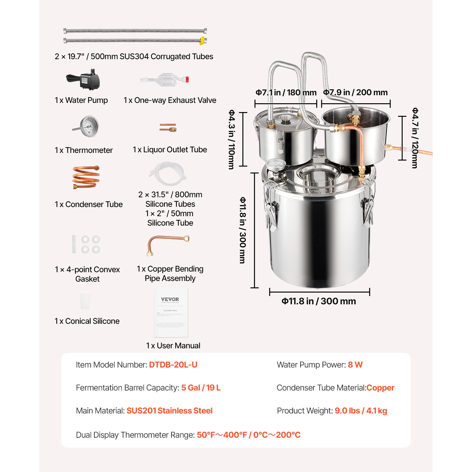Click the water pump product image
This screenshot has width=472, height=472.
(84, 80)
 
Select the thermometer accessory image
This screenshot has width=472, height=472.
(87, 126)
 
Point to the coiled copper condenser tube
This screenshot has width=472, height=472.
(86, 177)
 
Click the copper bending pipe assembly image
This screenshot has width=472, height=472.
(167, 244)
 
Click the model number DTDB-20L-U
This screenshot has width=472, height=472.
(173, 365)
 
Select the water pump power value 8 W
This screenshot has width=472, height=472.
(355, 365)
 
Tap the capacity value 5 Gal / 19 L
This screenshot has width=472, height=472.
(201, 388)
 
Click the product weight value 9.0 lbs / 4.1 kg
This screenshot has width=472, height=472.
(361, 411)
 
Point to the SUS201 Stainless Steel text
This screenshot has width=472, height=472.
(169, 411)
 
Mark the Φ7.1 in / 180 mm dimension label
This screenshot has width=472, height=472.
(286, 93)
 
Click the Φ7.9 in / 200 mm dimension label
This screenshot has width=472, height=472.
(355, 93)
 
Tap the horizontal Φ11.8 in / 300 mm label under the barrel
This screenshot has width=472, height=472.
(318, 301)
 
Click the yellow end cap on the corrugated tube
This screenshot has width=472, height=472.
(202, 40)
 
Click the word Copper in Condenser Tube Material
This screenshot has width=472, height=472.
(380, 388)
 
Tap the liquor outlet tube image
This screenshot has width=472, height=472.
(168, 127)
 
